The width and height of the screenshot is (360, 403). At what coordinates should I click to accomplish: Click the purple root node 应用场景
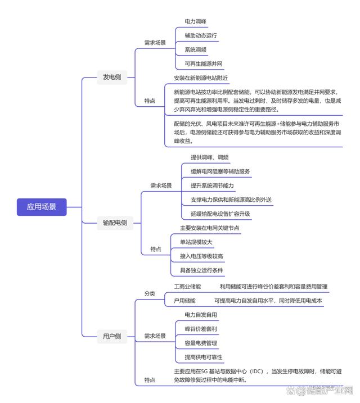tap(42, 207)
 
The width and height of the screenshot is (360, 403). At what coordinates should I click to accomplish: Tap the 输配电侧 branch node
tap(115, 223)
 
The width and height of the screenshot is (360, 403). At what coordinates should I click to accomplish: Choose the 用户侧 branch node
tap(111, 337)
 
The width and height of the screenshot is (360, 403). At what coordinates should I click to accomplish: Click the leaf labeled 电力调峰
tap(196, 21)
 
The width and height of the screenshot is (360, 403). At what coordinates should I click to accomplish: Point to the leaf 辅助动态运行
tap(201, 35)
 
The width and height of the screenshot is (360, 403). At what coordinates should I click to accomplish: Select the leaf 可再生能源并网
tap(204, 64)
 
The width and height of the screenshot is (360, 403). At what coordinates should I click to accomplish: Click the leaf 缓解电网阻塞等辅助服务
tap(220, 171)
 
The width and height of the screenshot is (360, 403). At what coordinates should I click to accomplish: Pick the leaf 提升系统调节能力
tap(212, 185)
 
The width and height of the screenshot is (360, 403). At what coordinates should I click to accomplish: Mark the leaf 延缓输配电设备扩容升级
tap(220, 214)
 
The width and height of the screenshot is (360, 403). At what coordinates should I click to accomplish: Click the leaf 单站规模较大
tap(196, 242)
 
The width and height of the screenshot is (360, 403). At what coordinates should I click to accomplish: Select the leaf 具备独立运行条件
tap(201, 270)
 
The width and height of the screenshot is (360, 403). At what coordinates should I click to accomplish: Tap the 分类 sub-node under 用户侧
tap(150, 293)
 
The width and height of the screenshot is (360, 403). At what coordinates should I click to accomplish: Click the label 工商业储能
tap(187, 287)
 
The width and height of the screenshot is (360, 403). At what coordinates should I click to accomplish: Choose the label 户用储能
tap(184, 301)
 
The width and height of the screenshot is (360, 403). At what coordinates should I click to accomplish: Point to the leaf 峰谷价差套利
tap(201, 329)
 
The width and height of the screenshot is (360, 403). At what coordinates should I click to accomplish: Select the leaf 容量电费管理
tap(201, 343)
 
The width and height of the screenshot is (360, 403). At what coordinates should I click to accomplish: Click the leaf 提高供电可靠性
tap(204, 357)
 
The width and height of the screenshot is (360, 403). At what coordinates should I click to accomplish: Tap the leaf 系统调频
tap(196, 49)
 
